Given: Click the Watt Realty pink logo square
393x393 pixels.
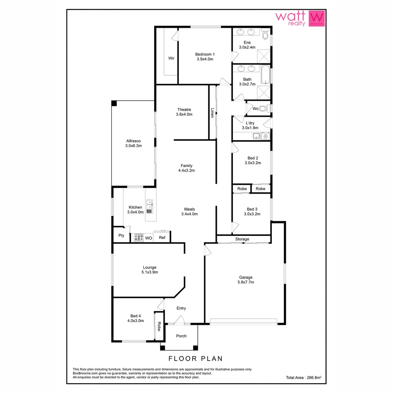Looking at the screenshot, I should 316,18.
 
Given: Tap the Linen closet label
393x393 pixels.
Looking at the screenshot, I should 212,112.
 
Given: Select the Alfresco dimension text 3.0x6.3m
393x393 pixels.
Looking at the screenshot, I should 133,146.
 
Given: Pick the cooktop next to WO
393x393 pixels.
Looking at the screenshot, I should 138,238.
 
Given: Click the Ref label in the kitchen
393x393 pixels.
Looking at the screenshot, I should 162,238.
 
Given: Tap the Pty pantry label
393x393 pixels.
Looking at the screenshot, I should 121,235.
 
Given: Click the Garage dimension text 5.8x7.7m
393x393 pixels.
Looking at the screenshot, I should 246,282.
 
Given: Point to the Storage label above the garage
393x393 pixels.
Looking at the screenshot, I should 242,239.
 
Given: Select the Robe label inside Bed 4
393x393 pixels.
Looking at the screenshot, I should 159,327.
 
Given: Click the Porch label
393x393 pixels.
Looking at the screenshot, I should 181,336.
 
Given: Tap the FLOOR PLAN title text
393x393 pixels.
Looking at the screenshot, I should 196,358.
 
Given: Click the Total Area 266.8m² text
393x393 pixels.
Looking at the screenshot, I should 303,378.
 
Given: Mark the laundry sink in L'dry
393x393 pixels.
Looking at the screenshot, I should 257,136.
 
